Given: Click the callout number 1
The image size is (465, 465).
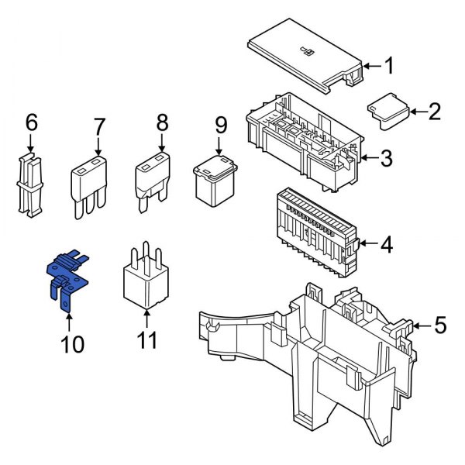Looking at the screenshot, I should [389, 66].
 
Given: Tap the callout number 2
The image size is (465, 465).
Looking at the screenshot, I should [434, 112].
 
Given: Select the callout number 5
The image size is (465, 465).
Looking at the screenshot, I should [440, 325].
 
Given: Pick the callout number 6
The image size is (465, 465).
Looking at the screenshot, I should [31, 122].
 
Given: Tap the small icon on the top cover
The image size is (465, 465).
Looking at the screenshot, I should [307, 51].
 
